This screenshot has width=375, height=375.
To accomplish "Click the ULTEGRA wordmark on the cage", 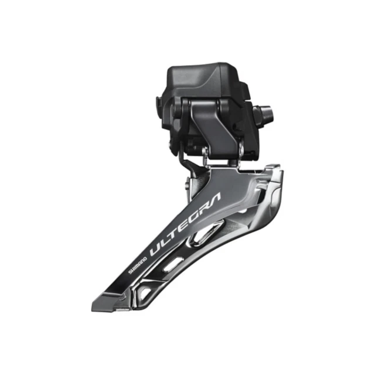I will coord(185,225).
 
